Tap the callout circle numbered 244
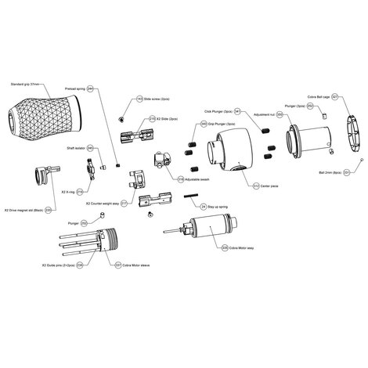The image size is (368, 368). click(90, 90)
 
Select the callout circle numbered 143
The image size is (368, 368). click(139, 99)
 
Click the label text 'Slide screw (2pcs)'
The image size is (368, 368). click(161, 99)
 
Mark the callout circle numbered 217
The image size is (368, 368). click(124, 202)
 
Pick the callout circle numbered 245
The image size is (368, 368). click(90, 148)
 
